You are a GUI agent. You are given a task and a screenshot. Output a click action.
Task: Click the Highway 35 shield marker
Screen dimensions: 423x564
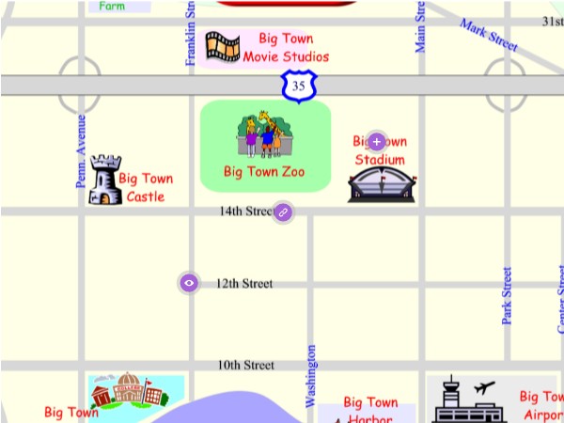(x=298, y=86)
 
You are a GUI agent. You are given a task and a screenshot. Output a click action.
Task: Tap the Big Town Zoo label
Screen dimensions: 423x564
(x=264, y=172)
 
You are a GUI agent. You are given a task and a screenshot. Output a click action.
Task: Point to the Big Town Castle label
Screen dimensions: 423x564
(x=146, y=187)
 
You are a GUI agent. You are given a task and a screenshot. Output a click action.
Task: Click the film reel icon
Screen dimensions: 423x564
(x=222, y=47)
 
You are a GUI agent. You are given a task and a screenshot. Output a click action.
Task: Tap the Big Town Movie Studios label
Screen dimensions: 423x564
(x=286, y=48)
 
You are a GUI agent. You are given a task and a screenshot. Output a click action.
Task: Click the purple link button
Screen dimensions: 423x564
(x=283, y=212)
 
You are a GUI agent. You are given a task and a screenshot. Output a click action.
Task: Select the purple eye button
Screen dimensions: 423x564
(x=190, y=282)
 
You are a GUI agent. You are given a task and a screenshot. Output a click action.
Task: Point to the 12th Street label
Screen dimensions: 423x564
(x=244, y=283)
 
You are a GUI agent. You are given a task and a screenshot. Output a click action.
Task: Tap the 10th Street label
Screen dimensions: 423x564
(x=246, y=365)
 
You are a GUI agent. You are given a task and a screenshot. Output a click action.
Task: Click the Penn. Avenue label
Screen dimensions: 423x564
(x=82, y=150)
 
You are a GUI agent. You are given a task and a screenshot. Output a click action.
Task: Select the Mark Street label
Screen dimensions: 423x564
(x=489, y=34)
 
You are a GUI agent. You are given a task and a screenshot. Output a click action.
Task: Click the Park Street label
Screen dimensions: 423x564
(x=508, y=296)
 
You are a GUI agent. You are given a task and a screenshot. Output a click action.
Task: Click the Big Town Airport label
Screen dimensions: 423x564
(x=540, y=405)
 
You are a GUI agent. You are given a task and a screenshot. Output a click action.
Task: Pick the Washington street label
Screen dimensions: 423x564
(x=311, y=376)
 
